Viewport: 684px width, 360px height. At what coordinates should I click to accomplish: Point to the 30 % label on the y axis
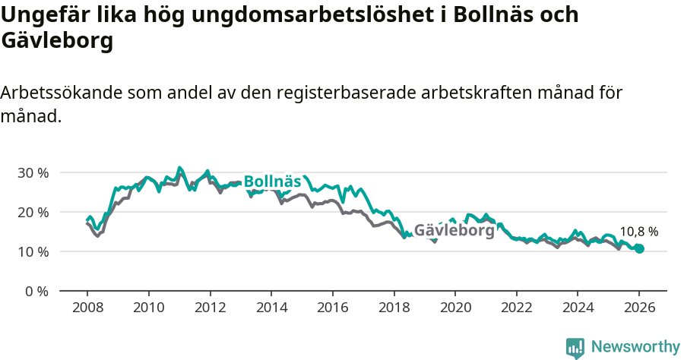pyautogui.click(x=33, y=172)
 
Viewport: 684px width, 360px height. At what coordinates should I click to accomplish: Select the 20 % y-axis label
pyautogui.click(x=33, y=212)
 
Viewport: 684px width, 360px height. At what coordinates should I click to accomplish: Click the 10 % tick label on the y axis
pyautogui.click(x=33, y=251)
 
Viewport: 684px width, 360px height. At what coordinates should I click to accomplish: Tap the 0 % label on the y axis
pyautogui.click(x=36, y=291)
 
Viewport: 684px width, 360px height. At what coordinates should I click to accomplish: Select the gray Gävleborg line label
pyautogui.click(x=454, y=229)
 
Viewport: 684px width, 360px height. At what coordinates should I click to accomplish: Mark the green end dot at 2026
pyautogui.click(x=639, y=248)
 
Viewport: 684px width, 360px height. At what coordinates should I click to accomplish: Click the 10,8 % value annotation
pyautogui.click(x=639, y=232)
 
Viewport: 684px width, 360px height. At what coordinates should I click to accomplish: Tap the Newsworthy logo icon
pyautogui.click(x=575, y=348)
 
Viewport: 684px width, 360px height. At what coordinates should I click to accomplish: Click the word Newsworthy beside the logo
pyautogui.click(x=635, y=347)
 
